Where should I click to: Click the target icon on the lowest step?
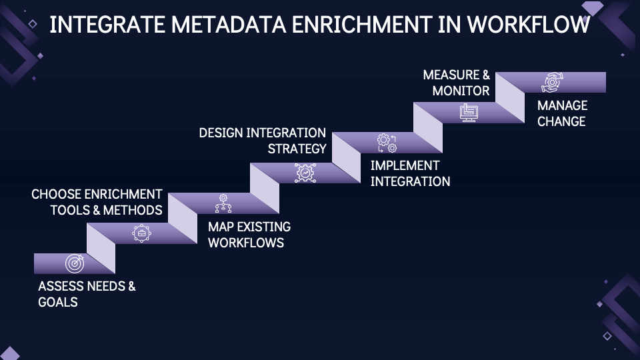[x=75, y=264]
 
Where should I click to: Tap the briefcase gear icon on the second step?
[x=141, y=233]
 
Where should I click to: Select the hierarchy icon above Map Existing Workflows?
[x=223, y=203]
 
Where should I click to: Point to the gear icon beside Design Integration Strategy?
[x=305, y=173]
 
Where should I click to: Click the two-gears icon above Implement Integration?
[x=387, y=143]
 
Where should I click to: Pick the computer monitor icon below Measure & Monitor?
[x=469, y=113]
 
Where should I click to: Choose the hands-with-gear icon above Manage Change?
[x=552, y=82]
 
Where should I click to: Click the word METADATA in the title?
[x=229, y=25]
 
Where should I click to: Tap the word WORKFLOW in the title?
[x=529, y=25]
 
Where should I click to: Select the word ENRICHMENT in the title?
[x=361, y=25]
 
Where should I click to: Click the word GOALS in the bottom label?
[x=58, y=302]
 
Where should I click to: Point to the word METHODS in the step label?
[x=133, y=210]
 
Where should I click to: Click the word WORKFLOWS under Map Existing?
[x=246, y=243]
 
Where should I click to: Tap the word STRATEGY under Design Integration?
[x=297, y=149]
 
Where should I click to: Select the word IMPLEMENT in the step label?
[x=405, y=165]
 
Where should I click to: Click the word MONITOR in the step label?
[x=461, y=91]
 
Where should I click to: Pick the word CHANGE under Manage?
[x=561, y=121]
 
